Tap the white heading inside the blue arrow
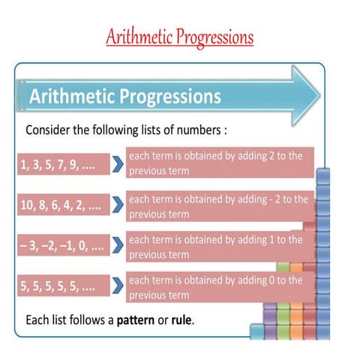click(124, 97)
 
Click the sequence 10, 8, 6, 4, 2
click(62, 205)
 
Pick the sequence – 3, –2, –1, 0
click(62, 246)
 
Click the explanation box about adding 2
click(217, 163)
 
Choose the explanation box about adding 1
click(217, 246)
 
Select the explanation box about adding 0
click(217, 286)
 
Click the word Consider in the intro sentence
click(49, 130)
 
